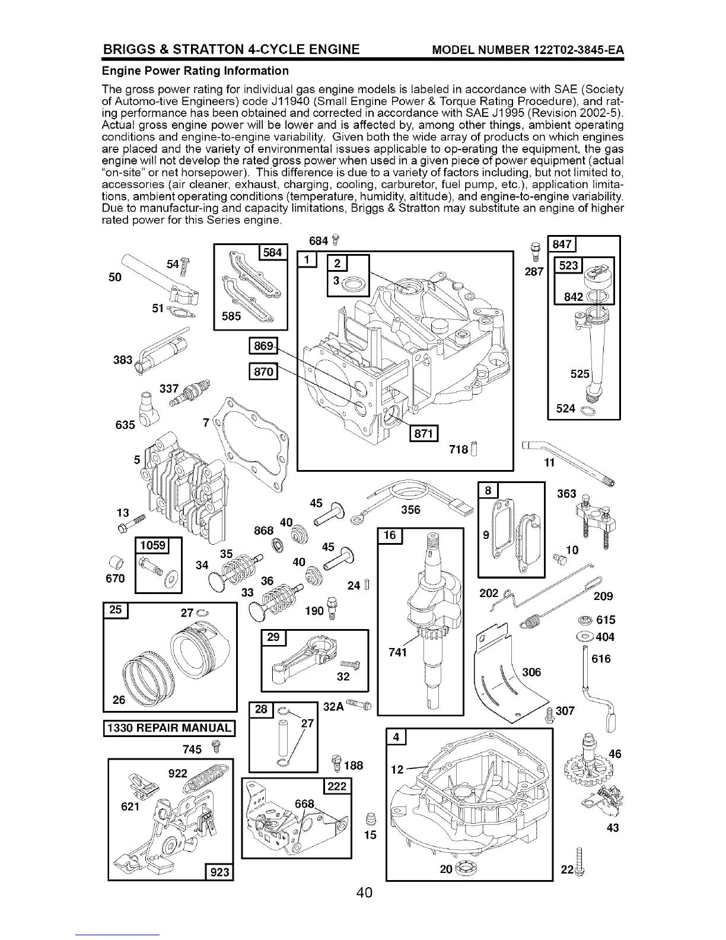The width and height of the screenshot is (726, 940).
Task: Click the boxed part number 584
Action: click(x=273, y=253)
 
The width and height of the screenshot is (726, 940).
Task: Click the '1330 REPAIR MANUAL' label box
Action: click(x=170, y=727)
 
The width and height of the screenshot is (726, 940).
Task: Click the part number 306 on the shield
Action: click(x=530, y=672)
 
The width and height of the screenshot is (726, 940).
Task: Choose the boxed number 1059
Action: click(x=152, y=545)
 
